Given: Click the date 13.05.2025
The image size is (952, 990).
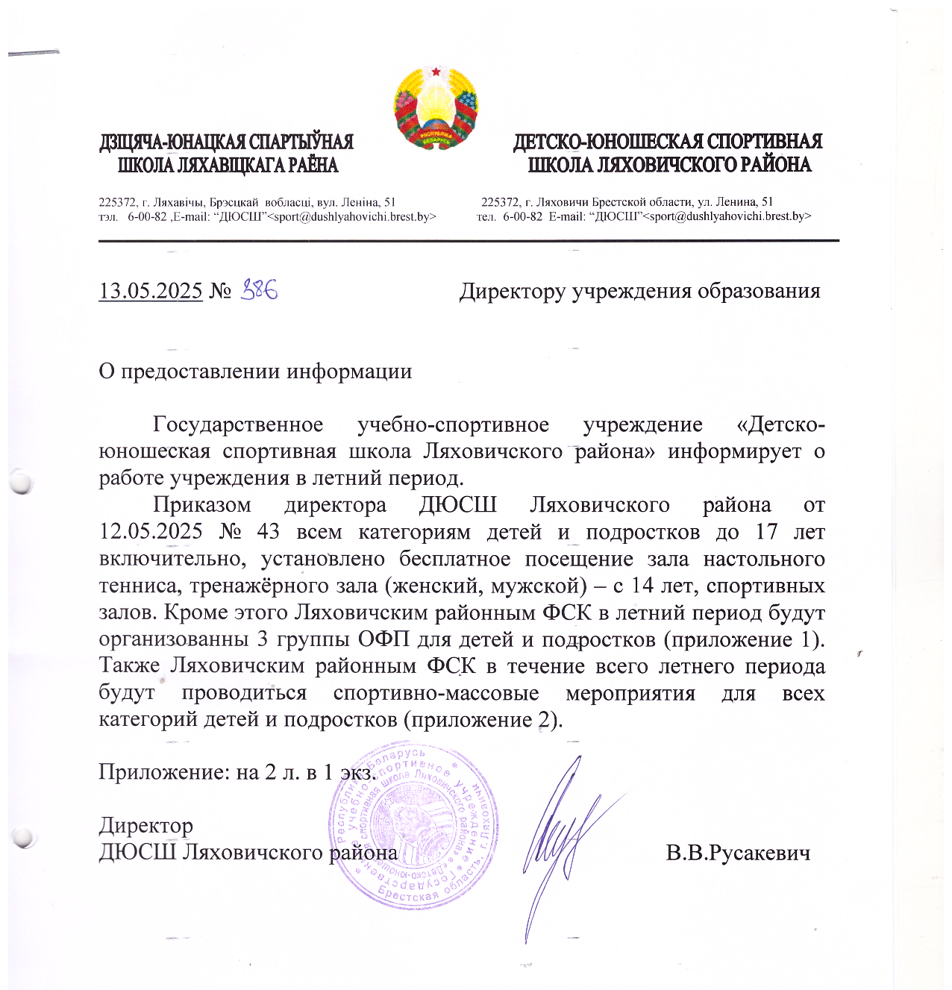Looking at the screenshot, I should coord(151,290).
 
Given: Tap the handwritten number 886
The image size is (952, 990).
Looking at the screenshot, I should coord(260,289).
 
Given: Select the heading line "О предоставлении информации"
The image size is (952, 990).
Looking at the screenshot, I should coord(255,371).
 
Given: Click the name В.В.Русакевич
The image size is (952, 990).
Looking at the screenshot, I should coord(738,853).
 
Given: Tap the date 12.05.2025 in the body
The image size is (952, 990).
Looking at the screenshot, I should coord(151,532).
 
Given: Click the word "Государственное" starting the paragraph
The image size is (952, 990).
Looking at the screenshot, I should coord(238,424).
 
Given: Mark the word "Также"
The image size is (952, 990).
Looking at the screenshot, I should coord(129,666).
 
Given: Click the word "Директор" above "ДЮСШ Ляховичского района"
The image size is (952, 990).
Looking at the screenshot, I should coord(146,826).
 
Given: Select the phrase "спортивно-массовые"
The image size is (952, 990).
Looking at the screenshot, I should coord(436,693).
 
